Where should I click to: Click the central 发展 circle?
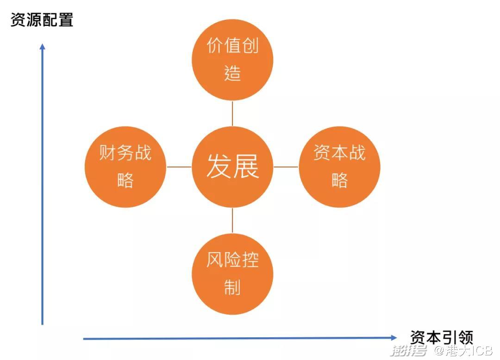(232, 167)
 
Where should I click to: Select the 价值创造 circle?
(232, 60)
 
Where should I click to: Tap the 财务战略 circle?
(125, 167)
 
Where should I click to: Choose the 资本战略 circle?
(340, 167)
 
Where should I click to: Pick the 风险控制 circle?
(232, 274)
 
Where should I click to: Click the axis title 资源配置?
(42, 20)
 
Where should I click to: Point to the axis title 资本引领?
(441, 337)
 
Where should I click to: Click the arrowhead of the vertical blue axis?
(43, 46)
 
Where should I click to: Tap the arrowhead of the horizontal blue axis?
(394, 338)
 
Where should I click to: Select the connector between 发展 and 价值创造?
(232, 114)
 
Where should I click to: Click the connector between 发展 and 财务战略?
(179, 167)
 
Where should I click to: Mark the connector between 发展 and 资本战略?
(286, 167)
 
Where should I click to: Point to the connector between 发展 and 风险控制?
(232, 221)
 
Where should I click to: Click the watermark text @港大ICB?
(463, 350)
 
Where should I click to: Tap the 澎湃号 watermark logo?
(409, 350)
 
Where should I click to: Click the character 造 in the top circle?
(232, 73)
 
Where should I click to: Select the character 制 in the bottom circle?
(232, 287)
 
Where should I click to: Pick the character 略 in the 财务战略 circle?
(125, 180)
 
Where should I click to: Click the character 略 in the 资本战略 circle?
(340, 180)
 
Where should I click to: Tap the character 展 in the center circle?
(246, 166)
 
